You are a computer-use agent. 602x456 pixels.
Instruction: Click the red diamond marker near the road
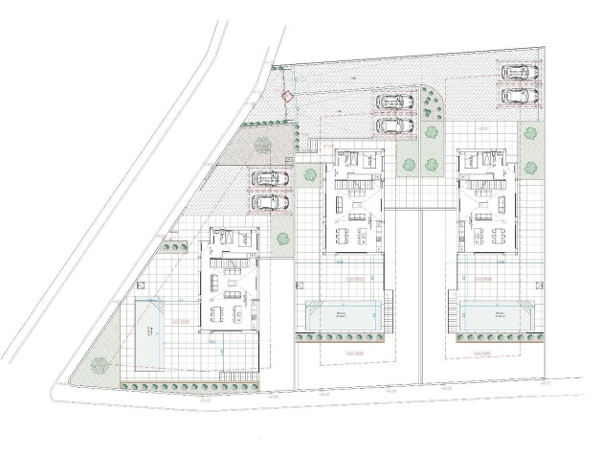(286, 95)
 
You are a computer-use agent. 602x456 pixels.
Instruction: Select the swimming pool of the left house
(150, 331)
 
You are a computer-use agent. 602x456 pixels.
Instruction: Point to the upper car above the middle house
(392, 102)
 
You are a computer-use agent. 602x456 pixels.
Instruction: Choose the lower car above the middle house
(392, 124)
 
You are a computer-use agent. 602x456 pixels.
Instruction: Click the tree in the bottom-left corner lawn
(99, 363)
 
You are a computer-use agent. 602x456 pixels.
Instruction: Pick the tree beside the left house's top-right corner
(281, 239)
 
